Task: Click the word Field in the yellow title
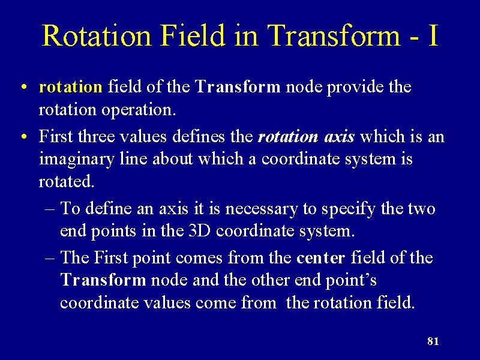pos(193,35)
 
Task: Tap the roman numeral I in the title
pos(433,35)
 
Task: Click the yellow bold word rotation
pos(70,86)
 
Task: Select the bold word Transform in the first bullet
pos(237,86)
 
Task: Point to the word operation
pos(139,110)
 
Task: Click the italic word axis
pos(339,137)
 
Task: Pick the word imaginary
pos(77,160)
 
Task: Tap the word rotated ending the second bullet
pos(67,181)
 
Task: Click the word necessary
pos(261,209)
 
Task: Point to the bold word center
pos(320,258)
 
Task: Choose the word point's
pos(350,281)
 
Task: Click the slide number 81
pos(433,341)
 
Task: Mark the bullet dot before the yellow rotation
pos(24,87)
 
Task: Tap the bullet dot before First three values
pos(24,136)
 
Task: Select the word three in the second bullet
pos(96,136)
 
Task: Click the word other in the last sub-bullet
pos(271,280)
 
